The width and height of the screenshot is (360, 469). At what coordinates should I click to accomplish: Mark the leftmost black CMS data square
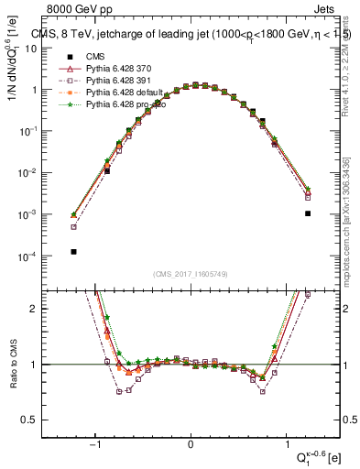(73, 251)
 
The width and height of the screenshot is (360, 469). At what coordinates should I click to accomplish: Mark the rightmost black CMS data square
(308, 213)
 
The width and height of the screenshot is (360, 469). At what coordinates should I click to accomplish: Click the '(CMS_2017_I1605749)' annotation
(191, 273)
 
